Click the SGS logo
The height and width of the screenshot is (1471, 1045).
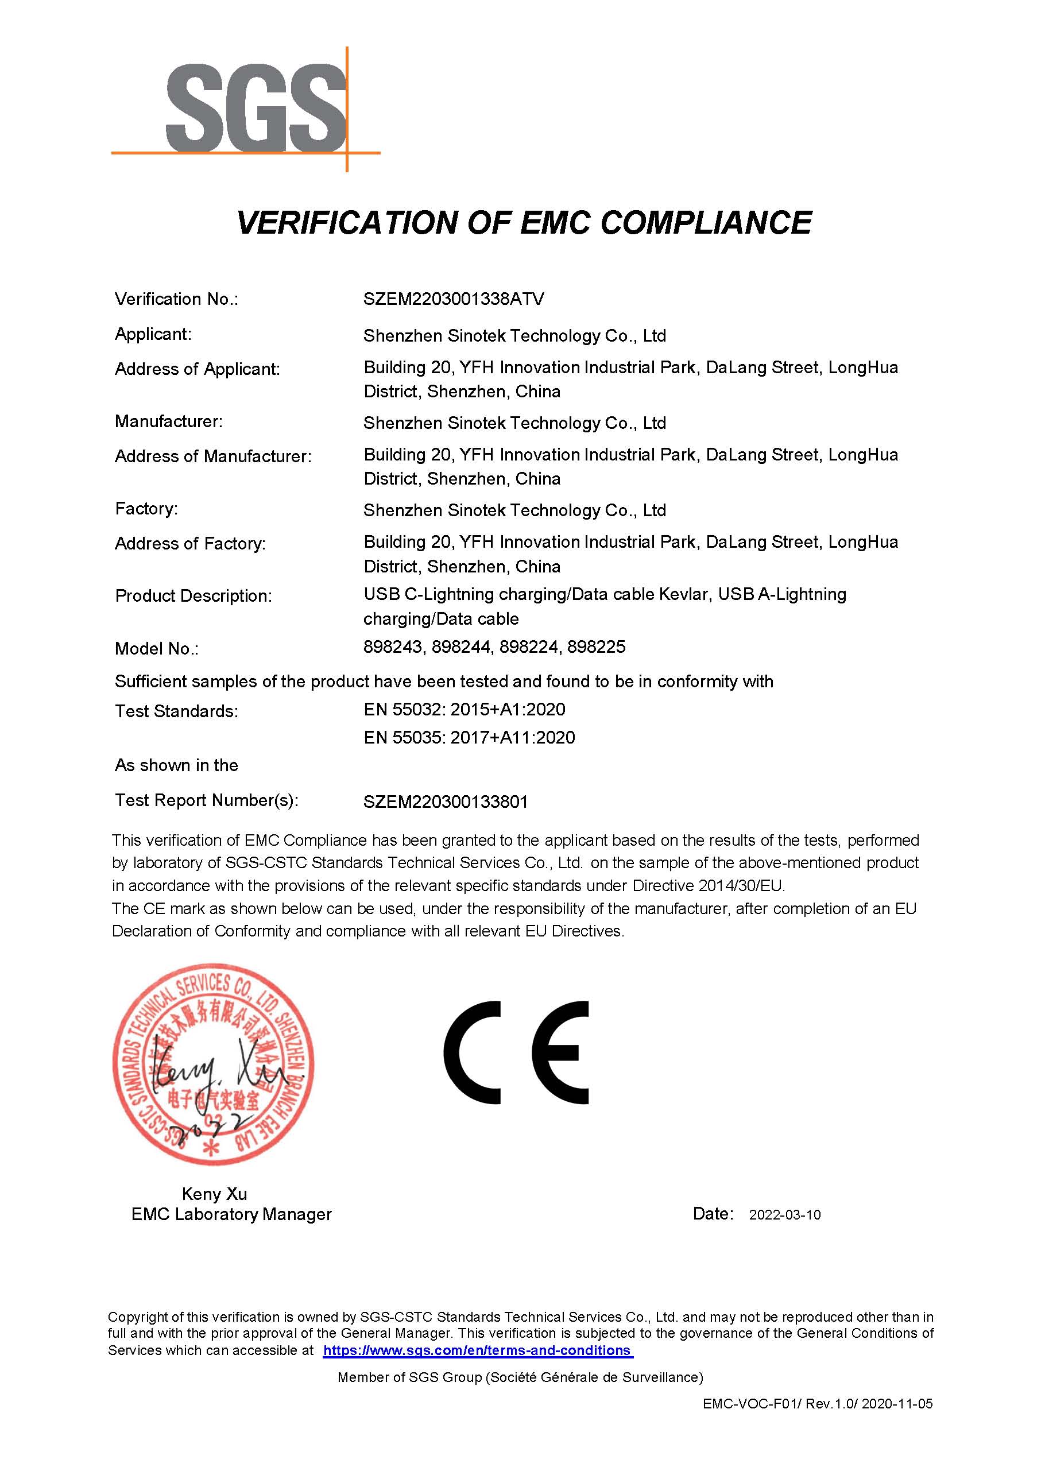pos(256,108)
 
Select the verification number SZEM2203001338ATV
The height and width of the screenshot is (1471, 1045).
pos(454,299)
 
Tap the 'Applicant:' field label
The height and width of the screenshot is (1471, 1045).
pos(153,334)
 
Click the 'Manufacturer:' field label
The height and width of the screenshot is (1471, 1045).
pos(169,421)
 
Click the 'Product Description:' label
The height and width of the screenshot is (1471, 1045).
pos(193,596)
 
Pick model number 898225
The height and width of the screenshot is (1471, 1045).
pos(596,647)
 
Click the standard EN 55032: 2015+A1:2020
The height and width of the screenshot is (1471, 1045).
pos(464,709)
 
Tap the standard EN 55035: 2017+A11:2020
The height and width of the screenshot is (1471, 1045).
pos(469,737)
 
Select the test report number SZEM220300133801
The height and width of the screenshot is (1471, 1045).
pos(446,802)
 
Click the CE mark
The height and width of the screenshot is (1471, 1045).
pos(516,1054)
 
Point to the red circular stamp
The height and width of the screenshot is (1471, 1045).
pos(214,1065)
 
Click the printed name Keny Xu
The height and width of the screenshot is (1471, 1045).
pos(214,1194)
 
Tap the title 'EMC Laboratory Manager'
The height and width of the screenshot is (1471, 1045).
pos(231,1214)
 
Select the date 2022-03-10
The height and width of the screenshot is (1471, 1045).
pos(784,1215)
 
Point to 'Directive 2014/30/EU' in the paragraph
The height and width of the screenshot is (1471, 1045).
pos(708,885)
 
